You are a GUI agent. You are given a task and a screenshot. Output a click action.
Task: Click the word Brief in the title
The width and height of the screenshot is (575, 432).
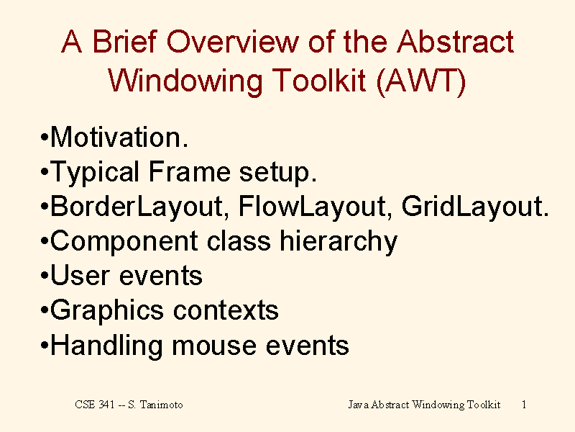pyautogui.click(x=124, y=41)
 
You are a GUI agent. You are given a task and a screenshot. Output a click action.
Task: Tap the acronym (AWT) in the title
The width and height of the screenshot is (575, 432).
pyautogui.click(x=421, y=81)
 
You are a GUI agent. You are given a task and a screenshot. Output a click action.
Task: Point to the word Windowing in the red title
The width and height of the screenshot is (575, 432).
pyautogui.click(x=185, y=81)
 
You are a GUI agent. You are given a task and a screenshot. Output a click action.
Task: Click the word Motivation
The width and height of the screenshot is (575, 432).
pyautogui.click(x=119, y=137)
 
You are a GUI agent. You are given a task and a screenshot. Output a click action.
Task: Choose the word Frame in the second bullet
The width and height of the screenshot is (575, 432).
pyautogui.click(x=189, y=171)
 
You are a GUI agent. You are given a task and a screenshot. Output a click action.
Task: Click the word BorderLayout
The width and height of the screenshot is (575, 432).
pyautogui.click(x=137, y=207)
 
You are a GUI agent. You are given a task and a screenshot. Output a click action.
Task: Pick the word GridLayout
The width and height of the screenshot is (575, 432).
pyautogui.click(x=475, y=207)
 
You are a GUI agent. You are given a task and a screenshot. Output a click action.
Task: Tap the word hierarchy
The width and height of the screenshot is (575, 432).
pyautogui.click(x=339, y=242)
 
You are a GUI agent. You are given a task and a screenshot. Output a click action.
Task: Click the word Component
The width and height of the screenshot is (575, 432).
pyautogui.click(x=124, y=242)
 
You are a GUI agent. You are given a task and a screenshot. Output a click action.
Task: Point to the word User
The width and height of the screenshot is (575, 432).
pyautogui.click(x=80, y=276)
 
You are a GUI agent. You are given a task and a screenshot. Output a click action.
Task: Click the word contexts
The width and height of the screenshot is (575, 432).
pyautogui.click(x=226, y=311)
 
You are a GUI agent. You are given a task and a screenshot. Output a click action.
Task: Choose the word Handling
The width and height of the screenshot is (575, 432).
pyautogui.click(x=106, y=346)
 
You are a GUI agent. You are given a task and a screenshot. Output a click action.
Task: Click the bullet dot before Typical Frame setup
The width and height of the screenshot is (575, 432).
pyautogui.click(x=45, y=171)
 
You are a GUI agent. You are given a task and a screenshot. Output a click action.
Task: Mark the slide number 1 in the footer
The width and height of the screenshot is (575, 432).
pyautogui.click(x=524, y=405)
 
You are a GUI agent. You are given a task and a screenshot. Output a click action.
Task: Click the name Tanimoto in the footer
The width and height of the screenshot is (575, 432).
pyautogui.click(x=161, y=405)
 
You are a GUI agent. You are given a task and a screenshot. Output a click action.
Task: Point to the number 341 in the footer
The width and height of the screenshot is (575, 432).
pyautogui.click(x=106, y=405)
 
